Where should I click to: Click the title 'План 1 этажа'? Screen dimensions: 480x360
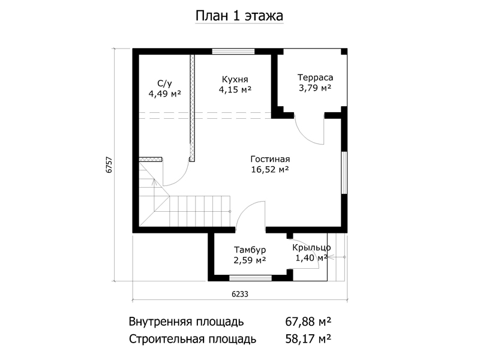239,16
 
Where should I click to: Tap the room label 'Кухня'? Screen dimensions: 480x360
235,79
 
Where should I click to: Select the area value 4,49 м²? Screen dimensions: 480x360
164,94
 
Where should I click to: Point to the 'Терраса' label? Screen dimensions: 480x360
315,77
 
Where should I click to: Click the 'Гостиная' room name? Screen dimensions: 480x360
270,159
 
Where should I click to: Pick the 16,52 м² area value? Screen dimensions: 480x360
270,169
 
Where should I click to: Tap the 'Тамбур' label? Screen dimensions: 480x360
250,250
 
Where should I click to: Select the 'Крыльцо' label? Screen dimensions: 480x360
311,247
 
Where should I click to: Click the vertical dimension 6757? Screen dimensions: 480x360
109,166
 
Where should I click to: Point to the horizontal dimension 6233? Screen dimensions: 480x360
239,294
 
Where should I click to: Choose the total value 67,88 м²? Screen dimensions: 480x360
308,322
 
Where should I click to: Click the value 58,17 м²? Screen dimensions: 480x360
308,339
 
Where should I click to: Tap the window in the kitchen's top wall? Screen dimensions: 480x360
233,52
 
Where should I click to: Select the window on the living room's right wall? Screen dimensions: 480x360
344,173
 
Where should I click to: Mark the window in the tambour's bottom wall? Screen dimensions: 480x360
250,278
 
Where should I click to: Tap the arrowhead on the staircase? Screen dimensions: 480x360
154,182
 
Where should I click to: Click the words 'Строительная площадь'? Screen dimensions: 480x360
193,339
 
